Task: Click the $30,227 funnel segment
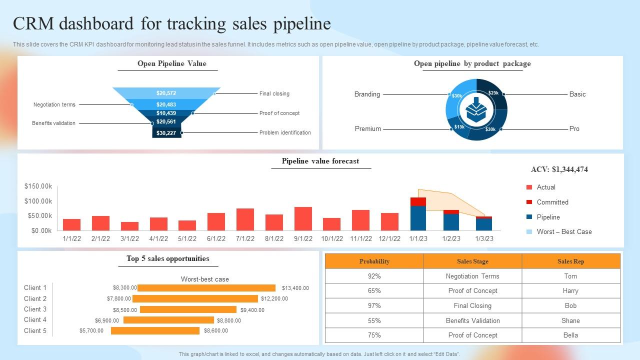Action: [166, 132]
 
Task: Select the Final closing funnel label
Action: [274, 93]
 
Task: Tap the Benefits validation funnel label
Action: [53, 123]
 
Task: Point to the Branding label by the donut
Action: [367, 94]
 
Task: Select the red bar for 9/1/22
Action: [303, 218]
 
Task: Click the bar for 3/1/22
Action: [129, 226]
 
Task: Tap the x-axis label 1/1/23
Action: [418, 238]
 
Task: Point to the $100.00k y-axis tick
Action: [38, 201]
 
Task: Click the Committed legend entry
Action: [552, 202]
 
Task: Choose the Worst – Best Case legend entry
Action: [563, 231]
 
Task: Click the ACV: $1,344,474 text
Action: [559, 169]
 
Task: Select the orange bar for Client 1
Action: [206, 288]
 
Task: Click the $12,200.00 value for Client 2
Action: [274, 298]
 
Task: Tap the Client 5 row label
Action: [35, 330]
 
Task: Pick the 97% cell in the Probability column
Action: [374, 305]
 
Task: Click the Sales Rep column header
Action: [570, 261]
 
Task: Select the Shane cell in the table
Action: [570, 320]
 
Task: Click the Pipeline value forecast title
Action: [320, 161]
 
